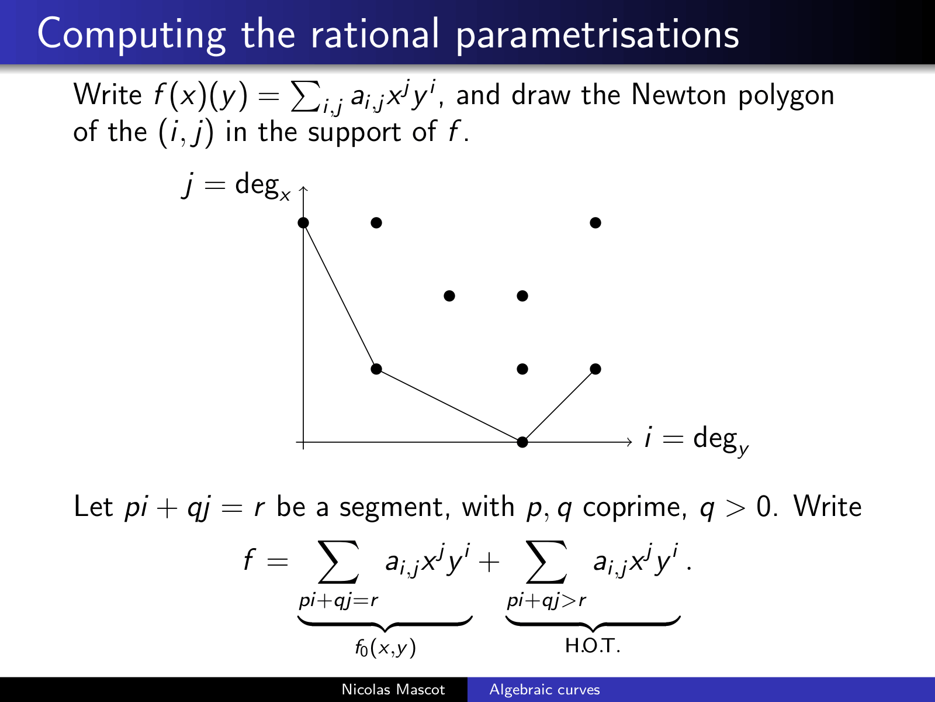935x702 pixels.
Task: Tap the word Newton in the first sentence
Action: [678, 95]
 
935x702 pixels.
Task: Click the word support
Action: [354, 133]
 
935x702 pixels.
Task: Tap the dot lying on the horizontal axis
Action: [522, 442]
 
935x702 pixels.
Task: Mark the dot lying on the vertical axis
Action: [303, 222]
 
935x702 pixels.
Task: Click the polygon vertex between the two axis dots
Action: [376, 369]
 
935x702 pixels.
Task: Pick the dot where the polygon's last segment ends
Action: [595, 369]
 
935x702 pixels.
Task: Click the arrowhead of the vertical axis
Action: [303, 188]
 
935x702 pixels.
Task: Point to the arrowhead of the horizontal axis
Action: [630, 442]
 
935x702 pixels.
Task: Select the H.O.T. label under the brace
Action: [593, 646]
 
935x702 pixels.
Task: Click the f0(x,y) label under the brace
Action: [385, 648]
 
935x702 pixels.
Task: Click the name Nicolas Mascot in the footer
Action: [393, 689]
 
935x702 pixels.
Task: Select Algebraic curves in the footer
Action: [545, 689]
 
